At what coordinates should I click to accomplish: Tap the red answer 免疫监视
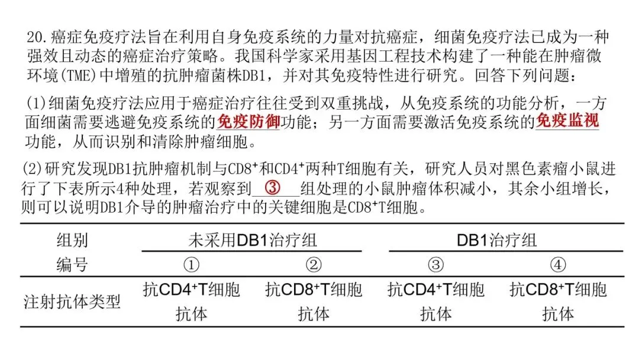[x=567, y=122]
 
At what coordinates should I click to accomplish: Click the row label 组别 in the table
[x=72, y=240]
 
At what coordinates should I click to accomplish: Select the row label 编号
[x=72, y=264]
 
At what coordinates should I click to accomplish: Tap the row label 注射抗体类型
[x=72, y=302]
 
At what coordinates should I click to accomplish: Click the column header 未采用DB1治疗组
[x=253, y=240]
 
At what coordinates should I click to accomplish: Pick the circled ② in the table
[x=314, y=264]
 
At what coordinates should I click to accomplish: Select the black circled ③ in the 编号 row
[x=435, y=264]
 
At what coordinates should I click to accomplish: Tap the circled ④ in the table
[x=558, y=264]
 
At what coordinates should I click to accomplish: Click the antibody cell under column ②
[x=314, y=301]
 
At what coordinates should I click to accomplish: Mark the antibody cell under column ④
[x=558, y=301]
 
